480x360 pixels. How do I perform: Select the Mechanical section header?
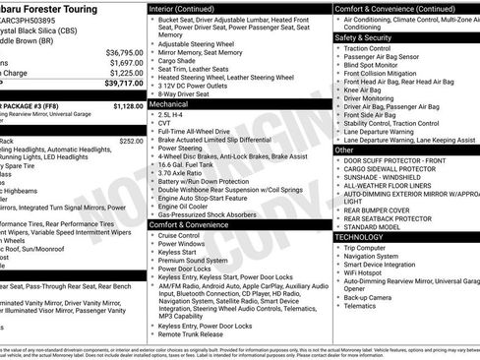click(x=169, y=102)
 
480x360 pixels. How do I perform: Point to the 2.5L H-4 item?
click(x=176, y=114)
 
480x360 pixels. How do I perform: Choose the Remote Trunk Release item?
click(x=193, y=334)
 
